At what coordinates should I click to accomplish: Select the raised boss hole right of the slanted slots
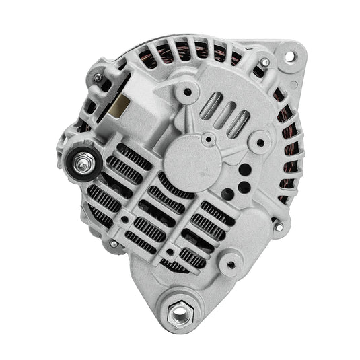[x=260, y=142]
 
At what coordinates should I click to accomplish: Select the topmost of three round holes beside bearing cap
[x=244, y=168]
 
